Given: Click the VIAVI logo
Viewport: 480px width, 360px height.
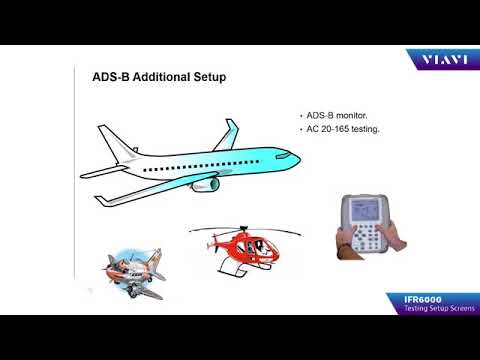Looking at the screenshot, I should (437, 61).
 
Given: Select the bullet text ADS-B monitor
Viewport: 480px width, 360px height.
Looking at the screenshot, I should (337, 116).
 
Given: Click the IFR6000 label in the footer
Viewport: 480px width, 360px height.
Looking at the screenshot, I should (423, 298).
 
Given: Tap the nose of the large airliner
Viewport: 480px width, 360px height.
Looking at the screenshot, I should (296, 157).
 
